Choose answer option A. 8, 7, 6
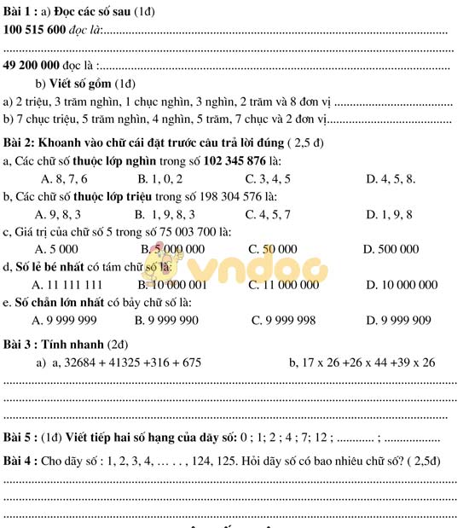(64, 179)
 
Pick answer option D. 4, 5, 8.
(391, 179)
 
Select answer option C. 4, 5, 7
(267, 214)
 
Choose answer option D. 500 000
(391, 249)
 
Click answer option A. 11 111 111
(67, 285)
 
